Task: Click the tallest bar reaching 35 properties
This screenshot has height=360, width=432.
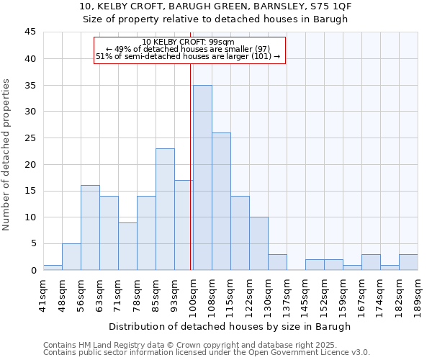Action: (202, 177)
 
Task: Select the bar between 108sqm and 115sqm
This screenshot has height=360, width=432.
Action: (221, 201)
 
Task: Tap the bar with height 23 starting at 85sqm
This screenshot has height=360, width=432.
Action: (165, 209)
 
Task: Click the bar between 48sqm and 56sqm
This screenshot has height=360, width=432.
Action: (71, 256)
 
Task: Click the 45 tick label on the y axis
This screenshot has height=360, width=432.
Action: (30, 32)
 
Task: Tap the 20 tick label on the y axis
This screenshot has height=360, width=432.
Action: (30, 164)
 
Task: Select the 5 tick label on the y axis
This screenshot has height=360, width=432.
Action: (32, 243)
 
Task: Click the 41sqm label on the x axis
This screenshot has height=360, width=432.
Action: (43, 292)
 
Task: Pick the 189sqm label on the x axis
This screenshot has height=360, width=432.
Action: (418, 292)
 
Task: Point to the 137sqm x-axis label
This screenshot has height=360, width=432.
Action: (287, 292)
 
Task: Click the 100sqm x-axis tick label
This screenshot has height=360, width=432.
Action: (193, 292)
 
